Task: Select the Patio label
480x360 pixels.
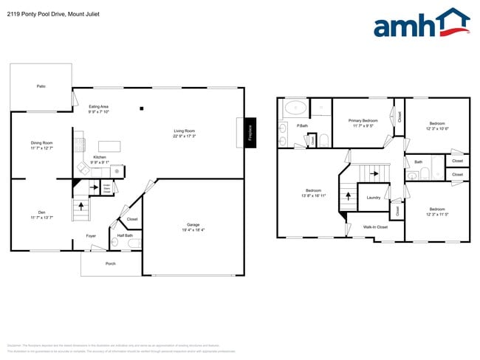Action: (41, 86)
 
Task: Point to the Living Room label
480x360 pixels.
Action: (184, 134)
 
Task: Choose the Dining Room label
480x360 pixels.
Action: (41, 145)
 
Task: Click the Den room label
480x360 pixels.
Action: (41, 215)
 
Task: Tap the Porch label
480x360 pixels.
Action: (111, 263)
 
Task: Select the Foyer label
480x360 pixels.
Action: (91, 236)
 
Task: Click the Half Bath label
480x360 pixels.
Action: (124, 236)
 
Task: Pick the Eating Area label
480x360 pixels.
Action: (99, 109)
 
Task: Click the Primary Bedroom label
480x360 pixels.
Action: (363, 122)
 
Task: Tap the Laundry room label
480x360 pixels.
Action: (373, 198)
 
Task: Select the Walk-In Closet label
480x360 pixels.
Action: (376, 227)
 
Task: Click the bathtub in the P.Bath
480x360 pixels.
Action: (295, 108)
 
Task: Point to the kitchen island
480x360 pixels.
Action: (109, 145)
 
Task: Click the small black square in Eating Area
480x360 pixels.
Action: (141, 108)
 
